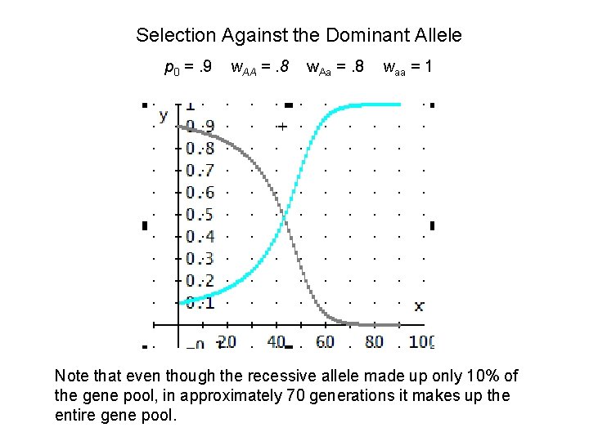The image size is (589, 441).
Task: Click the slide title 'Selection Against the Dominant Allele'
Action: (x=299, y=36)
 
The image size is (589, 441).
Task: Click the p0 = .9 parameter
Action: (x=188, y=67)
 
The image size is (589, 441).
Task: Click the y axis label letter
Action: (x=164, y=114)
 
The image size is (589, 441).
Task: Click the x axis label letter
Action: (x=419, y=306)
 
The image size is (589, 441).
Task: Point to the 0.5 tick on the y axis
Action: (x=200, y=215)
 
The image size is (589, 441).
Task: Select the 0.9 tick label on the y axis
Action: (x=200, y=127)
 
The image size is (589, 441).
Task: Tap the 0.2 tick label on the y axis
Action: (x=200, y=281)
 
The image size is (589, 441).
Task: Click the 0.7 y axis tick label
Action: (x=200, y=171)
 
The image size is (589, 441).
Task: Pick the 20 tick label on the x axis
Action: (x=227, y=341)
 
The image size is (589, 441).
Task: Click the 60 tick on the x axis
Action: (x=325, y=341)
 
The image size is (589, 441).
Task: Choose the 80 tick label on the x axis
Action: (x=375, y=341)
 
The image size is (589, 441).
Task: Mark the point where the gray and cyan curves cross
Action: (x=284, y=215)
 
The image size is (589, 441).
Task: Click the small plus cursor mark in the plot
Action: (x=282, y=127)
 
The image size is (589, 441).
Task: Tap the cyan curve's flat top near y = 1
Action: (x=376, y=105)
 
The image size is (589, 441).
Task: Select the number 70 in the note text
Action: (x=294, y=395)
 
